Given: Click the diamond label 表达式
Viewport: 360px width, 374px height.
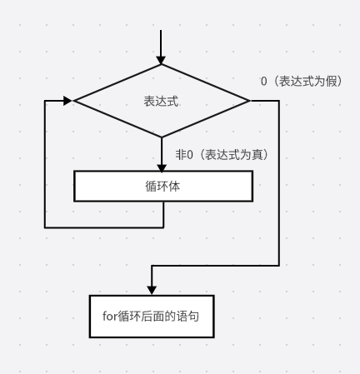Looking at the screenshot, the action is [x=161, y=101].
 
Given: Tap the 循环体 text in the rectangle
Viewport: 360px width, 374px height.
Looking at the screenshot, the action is [x=162, y=186].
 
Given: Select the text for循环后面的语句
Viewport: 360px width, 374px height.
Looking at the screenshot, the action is [x=151, y=317].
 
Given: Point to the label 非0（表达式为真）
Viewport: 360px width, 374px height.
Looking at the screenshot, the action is [x=222, y=155].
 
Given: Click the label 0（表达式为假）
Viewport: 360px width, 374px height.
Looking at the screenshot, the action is [x=302, y=82].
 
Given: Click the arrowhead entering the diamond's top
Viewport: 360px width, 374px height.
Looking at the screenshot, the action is [x=161, y=60].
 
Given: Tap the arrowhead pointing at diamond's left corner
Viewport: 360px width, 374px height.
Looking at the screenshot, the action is [x=67, y=101].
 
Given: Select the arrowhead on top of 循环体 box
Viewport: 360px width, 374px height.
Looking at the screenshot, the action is [x=162, y=167].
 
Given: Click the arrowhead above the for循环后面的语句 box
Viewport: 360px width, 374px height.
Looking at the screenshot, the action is [x=152, y=290].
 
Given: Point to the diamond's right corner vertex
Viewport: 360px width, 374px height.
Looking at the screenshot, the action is [x=249, y=101].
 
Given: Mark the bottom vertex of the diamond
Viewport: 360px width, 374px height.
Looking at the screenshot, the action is [x=162, y=137].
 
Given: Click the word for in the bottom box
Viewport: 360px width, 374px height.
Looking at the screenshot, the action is [x=110, y=317].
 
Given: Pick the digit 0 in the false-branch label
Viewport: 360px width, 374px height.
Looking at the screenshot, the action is [x=264, y=82].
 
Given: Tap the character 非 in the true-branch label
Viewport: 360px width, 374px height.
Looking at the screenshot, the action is [x=180, y=155].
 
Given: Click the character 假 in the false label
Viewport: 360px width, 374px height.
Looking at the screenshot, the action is [x=332, y=82].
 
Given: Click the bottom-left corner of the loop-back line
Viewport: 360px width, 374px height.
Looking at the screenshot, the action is [x=45, y=227].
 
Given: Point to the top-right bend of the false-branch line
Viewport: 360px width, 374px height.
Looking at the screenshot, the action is [x=279, y=101].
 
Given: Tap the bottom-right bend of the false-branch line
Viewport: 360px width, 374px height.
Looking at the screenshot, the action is [x=279, y=266].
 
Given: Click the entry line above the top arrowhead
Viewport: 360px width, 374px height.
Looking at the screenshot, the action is [x=161, y=43].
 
